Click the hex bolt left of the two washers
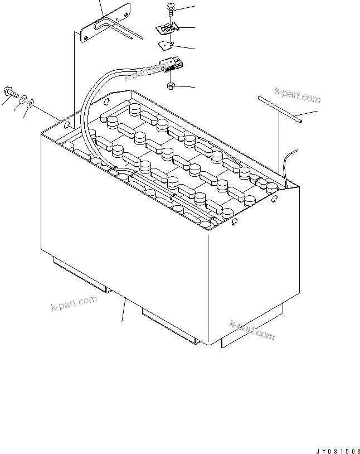click(x=11, y=93)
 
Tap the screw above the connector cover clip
click(x=171, y=9)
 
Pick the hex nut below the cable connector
click(x=171, y=86)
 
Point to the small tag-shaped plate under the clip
click(x=166, y=45)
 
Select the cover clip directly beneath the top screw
click(x=167, y=28)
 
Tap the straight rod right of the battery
click(x=280, y=110)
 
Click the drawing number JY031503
click(x=337, y=451)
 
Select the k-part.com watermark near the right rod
click(x=298, y=95)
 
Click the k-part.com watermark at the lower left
click(x=74, y=303)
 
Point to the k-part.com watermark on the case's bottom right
click(x=252, y=330)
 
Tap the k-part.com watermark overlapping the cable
click(x=144, y=73)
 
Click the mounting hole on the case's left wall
click(x=66, y=125)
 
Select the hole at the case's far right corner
click(x=274, y=199)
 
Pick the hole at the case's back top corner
click(x=106, y=102)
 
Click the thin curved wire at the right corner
click(x=289, y=168)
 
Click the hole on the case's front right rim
click(x=235, y=222)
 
